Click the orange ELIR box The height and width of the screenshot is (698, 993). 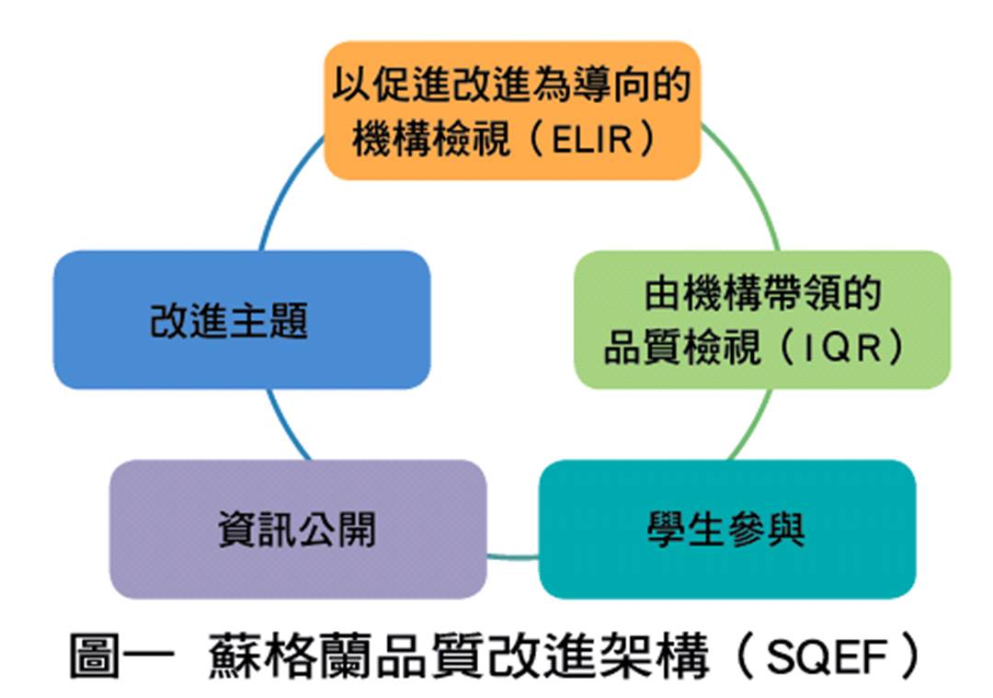click(x=512, y=111)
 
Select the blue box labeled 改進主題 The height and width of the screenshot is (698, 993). click(x=242, y=320)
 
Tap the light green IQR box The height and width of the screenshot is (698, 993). click(x=762, y=320)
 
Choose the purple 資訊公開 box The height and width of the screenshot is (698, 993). click(x=298, y=530)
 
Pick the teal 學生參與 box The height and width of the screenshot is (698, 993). click(x=727, y=530)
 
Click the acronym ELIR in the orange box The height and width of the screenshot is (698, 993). click(x=592, y=140)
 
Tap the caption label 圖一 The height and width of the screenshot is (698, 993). click(x=121, y=657)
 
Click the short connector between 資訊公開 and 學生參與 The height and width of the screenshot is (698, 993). click(x=513, y=557)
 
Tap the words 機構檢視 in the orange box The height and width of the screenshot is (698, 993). click(x=430, y=140)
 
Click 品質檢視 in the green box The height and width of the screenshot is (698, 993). click(x=681, y=348)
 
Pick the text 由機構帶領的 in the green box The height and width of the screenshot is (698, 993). click(x=762, y=294)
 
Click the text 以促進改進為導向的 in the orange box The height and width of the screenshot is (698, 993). click(x=512, y=85)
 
